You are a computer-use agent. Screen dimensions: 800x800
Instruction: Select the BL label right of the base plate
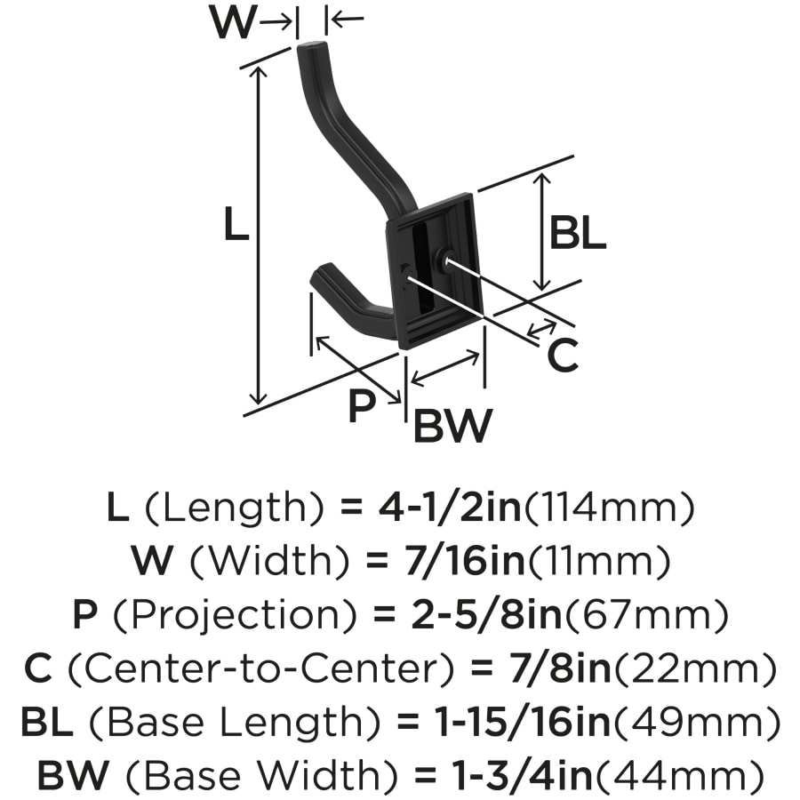[577, 234]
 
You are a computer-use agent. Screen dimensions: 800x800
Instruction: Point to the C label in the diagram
[562, 356]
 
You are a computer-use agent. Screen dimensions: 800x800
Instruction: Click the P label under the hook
[362, 406]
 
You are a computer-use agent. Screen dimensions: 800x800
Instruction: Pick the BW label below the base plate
[452, 427]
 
